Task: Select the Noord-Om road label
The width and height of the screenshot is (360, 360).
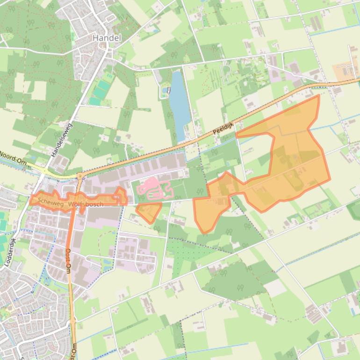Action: [13, 156]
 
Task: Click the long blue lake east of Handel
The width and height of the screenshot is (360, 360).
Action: [178, 105]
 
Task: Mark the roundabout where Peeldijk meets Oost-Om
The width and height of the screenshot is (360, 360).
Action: [79, 176]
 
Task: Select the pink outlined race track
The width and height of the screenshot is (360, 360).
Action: [154, 189]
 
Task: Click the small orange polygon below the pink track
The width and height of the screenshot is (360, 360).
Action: [149, 212]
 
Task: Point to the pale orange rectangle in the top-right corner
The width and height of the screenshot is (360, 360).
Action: [346, 71]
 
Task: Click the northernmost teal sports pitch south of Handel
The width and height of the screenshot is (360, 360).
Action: [108, 76]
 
